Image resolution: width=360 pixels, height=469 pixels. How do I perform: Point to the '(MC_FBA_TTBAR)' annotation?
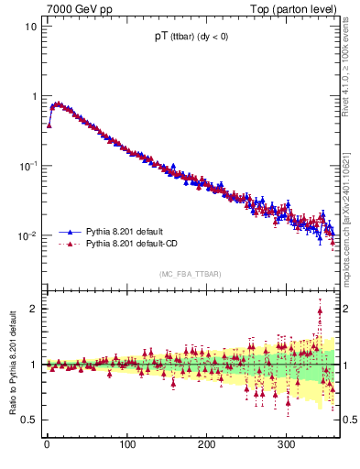click(x=190, y=274)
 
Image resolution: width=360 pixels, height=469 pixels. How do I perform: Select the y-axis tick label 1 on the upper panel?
click(x=34, y=96)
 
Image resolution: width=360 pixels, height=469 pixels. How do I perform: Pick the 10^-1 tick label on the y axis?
click(x=28, y=165)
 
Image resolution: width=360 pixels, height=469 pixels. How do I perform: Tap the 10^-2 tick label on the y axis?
click(x=28, y=235)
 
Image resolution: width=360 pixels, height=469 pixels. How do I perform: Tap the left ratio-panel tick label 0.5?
click(x=30, y=420)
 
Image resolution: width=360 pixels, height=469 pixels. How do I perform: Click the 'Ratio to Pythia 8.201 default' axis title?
click(x=11, y=364)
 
